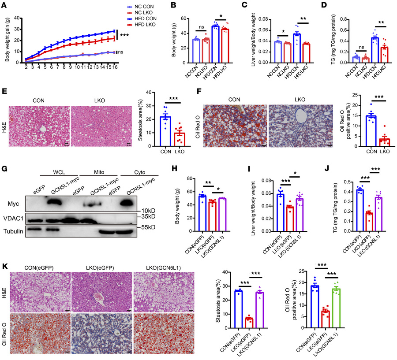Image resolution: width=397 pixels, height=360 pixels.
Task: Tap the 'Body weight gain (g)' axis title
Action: [x=6, y=40]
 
